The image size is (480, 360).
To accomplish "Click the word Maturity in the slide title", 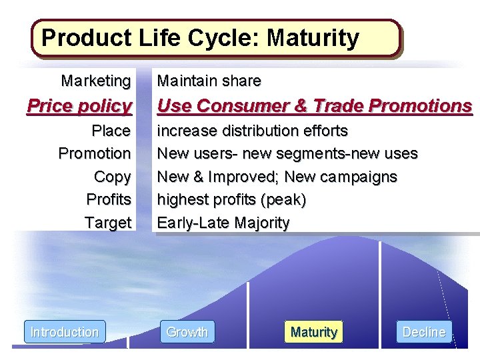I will (x=313, y=38).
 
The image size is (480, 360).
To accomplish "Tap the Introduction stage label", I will (x=65, y=332).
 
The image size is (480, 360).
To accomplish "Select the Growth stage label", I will (x=187, y=332).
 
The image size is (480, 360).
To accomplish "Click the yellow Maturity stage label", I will (x=313, y=332).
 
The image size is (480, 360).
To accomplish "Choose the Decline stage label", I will (x=424, y=332).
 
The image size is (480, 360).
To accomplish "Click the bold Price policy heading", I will (x=79, y=105).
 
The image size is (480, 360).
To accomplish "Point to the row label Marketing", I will (x=96, y=81).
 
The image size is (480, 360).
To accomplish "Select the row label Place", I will (x=111, y=130).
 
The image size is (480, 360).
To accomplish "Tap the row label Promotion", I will (x=95, y=153).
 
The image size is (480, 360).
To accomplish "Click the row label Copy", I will (x=113, y=177).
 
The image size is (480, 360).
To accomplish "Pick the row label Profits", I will (x=109, y=199).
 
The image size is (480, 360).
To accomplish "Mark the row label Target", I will (x=108, y=223).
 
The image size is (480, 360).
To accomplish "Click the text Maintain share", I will (x=209, y=81).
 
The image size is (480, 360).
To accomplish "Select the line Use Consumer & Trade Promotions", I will (x=314, y=105).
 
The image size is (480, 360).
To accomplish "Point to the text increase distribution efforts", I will (x=252, y=130).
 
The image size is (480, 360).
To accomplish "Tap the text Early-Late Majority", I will (x=223, y=223).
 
